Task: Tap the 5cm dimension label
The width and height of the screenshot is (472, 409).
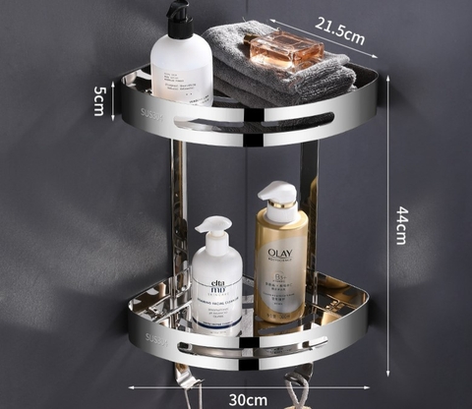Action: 99,99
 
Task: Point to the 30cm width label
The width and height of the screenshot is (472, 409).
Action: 248,398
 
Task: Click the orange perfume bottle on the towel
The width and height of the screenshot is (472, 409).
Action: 286,48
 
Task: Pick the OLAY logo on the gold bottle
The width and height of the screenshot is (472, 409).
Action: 280,253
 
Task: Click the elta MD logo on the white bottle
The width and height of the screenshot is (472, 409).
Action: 217,263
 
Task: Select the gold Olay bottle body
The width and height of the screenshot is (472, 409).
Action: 280,265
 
